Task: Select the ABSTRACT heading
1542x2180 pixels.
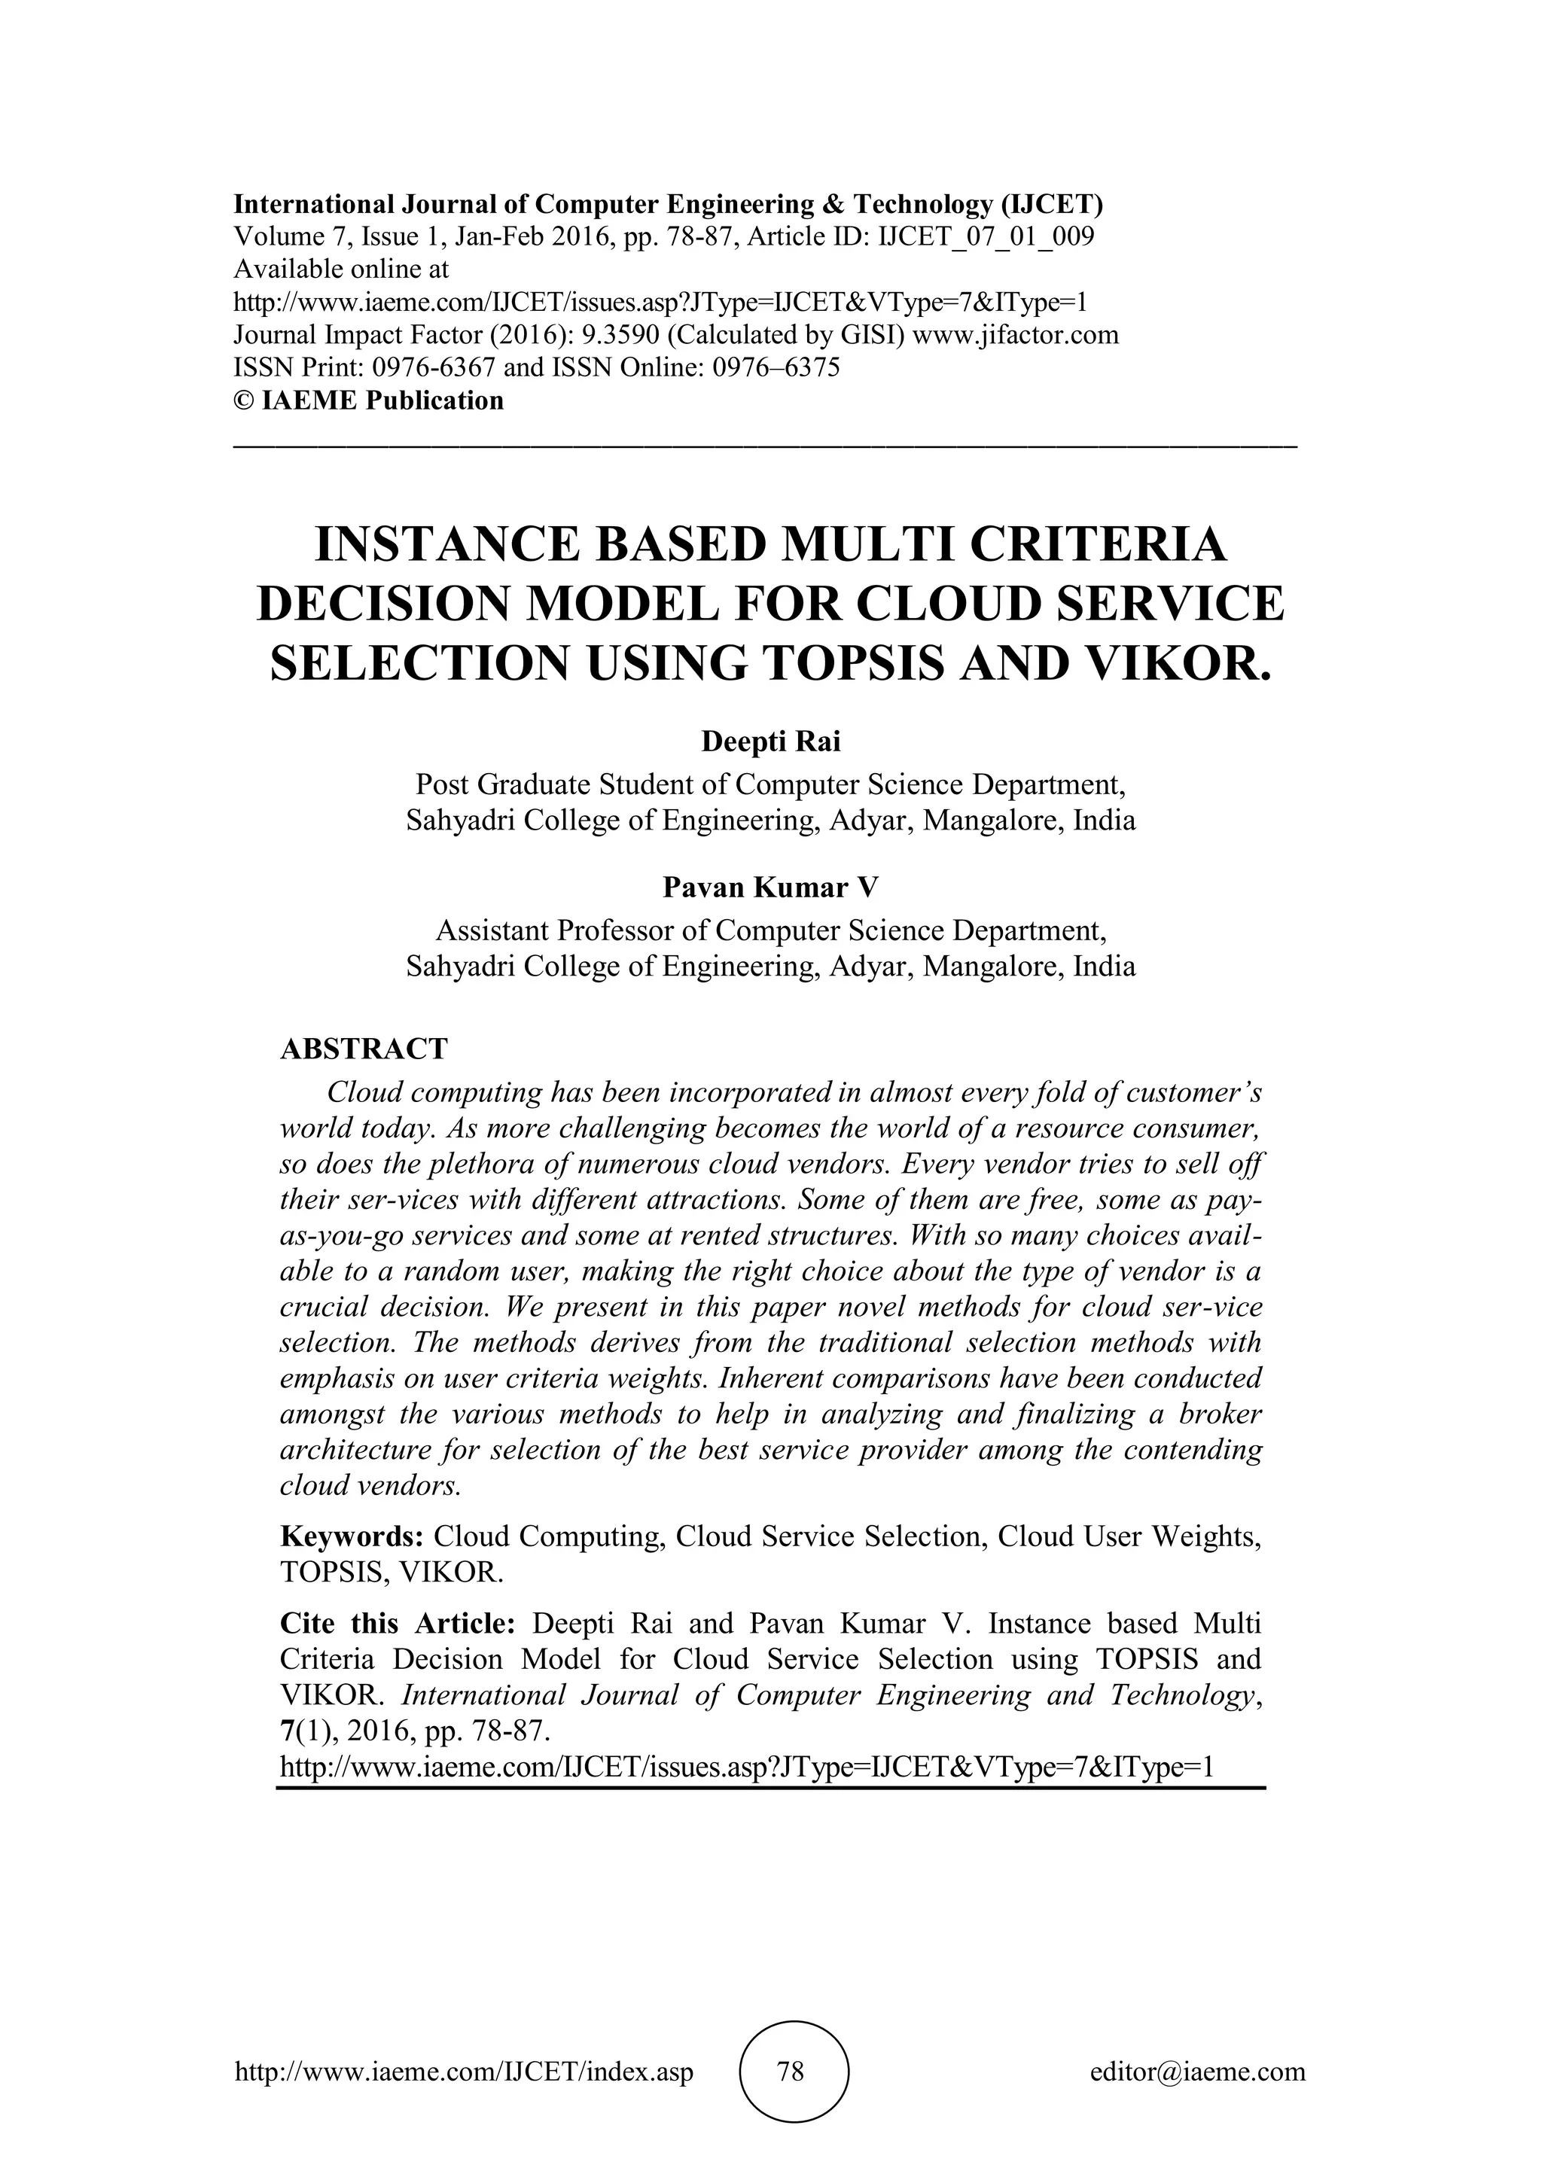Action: (x=364, y=1049)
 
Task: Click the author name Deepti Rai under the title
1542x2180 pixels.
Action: (x=770, y=741)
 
